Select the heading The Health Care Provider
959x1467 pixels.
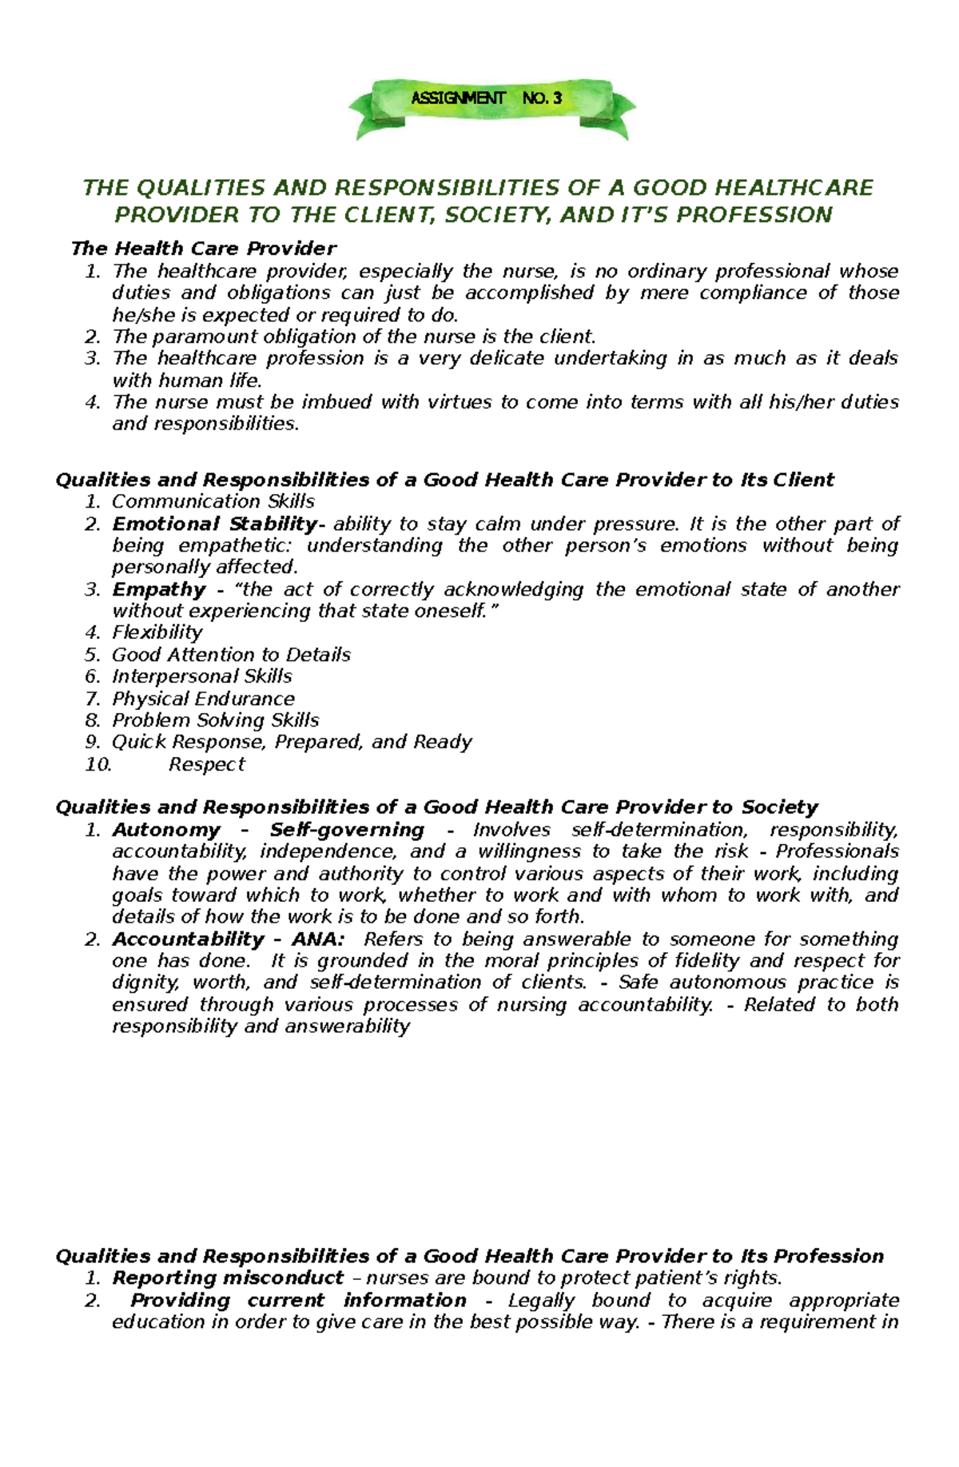pos(204,249)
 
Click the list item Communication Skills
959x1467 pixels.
pos(213,501)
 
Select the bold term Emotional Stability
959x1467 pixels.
pos(214,524)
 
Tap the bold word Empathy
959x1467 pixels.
pos(159,590)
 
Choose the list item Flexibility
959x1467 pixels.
pos(157,632)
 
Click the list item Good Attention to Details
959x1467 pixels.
pos(231,655)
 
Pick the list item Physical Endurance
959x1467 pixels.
pos(203,699)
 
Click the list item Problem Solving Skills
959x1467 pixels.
pos(215,720)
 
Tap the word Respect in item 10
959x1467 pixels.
pos(206,764)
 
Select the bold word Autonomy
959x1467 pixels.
pos(165,830)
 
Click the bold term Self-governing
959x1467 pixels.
pos(346,830)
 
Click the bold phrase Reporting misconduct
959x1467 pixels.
pos(228,1278)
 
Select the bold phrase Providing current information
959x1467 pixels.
pos(298,1300)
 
